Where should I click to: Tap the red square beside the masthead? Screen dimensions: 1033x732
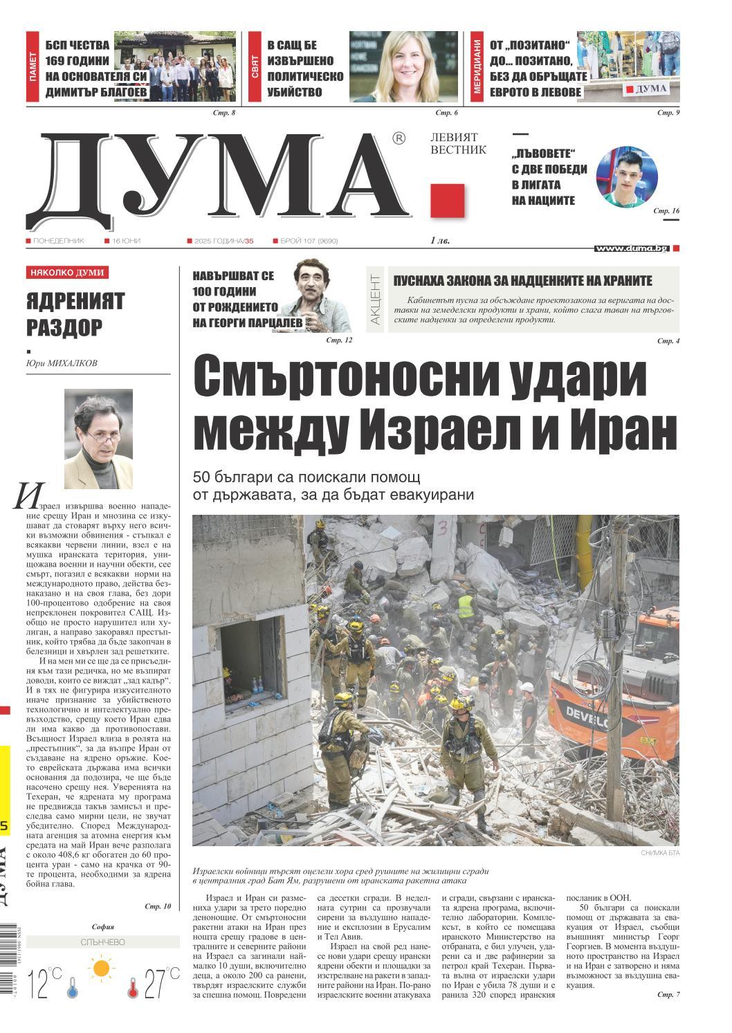pyautogui.click(x=447, y=201)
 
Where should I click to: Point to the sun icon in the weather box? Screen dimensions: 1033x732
pyautogui.click(x=102, y=967)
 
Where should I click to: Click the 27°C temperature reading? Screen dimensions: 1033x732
pyautogui.click(x=161, y=983)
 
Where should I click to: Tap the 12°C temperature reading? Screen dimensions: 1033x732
pyautogui.click(x=44, y=983)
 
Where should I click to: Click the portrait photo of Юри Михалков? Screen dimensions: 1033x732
pyautogui.click(x=98, y=439)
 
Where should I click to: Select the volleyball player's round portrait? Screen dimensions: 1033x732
pyautogui.click(x=627, y=176)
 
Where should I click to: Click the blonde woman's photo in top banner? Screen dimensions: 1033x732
pyautogui.click(x=403, y=66)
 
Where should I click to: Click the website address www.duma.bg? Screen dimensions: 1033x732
pyautogui.click(x=630, y=248)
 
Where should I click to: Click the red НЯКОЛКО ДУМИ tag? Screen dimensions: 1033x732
pyautogui.click(x=66, y=273)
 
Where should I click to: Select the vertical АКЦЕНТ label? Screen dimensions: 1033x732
pyautogui.click(x=375, y=300)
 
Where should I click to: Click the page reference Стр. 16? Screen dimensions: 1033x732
pyautogui.click(x=667, y=210)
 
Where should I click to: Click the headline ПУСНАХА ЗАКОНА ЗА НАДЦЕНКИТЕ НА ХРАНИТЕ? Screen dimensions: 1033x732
pyautogui.click(x=522, y=281)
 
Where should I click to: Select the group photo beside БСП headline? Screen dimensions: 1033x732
pyautogui.click(x=175, y=66)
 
